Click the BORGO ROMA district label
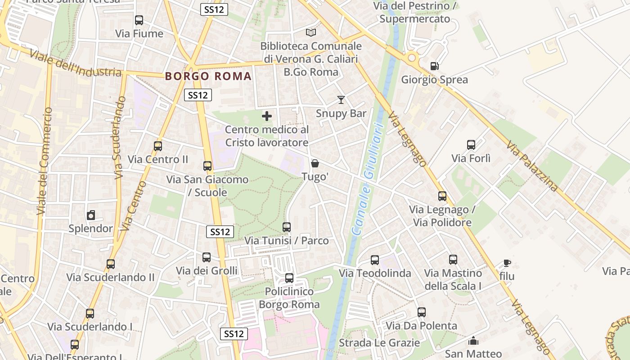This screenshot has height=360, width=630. [208, 76]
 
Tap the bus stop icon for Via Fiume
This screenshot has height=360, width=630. [139, 20]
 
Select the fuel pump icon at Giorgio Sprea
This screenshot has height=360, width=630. [434, 66]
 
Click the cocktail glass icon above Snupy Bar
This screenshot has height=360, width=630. [341, 100]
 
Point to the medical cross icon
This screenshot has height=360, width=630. [267, 116]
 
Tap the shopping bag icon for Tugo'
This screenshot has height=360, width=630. [315, 163]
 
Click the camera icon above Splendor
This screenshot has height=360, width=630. [91, 215]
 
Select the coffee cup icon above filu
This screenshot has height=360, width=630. [507, 263]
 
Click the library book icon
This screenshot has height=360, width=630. [311, 32]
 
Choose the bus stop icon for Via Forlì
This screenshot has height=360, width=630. [471, 145]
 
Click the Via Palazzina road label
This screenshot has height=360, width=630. [532, 166]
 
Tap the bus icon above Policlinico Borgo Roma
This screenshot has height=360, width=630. [289, 278]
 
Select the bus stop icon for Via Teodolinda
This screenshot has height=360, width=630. [375, 260]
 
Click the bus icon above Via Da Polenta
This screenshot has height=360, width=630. [422, 312]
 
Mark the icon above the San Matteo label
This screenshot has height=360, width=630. [473, 341]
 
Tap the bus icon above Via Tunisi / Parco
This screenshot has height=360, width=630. [287, 227]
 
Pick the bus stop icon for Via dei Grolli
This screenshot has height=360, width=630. [207, 257]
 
